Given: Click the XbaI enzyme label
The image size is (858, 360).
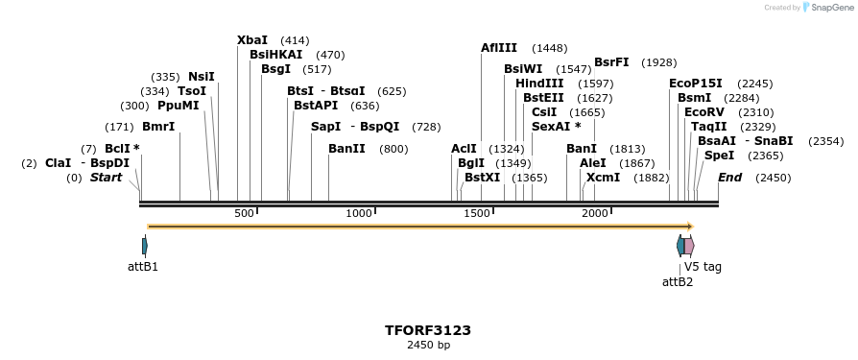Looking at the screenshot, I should pos(252,40).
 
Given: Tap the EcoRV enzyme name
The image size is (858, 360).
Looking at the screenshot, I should pos(704,112).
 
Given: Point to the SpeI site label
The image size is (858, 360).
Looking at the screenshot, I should pos(719,156).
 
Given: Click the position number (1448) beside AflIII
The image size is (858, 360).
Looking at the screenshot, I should pos(550,48).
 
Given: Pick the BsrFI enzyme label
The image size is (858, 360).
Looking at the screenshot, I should pos(611,62).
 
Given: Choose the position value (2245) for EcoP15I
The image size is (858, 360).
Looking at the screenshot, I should pos(755,84).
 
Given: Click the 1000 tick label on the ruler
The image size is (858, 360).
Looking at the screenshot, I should pos(358,213).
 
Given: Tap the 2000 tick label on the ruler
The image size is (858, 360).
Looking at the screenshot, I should pos(594,213).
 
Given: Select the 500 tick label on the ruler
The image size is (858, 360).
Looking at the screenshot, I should pos(244,213).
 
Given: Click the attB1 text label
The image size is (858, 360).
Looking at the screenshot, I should pos(142,267).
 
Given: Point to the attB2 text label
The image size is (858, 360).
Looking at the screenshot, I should pos(678,282).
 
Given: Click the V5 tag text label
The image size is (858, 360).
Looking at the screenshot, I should pos(703,267).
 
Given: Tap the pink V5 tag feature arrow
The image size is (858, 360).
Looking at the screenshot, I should pos(689,246).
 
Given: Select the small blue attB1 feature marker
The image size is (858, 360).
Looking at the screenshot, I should pos(145,246).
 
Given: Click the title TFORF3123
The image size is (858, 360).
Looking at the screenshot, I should pos(428,330).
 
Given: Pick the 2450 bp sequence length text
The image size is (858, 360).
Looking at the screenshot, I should pos(428,345).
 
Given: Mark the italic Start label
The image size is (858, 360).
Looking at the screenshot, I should pos(106,178).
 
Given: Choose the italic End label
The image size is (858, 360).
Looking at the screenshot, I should pos(729,178).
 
